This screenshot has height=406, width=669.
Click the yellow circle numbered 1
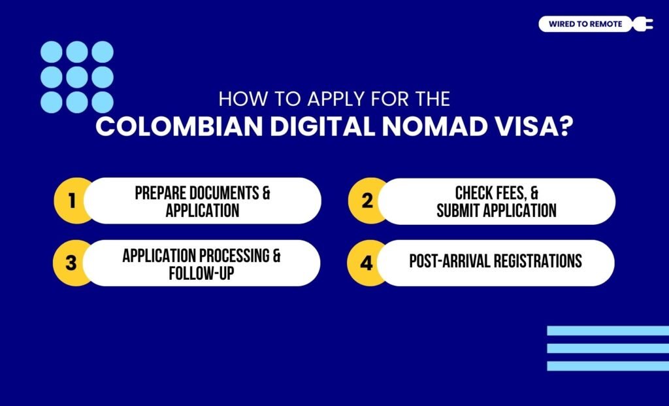click(71, 201)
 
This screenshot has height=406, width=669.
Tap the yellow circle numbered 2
click(367, 201)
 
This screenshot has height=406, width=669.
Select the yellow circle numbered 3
click(71, 263)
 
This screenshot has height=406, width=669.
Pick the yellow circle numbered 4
click(367, 263)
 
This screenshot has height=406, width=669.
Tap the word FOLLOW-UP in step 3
click(201, 272)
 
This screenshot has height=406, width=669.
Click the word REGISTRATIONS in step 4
click(538, 261)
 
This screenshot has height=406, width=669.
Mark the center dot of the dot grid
click(77, 77)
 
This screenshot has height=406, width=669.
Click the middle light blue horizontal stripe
click(608, 348)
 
